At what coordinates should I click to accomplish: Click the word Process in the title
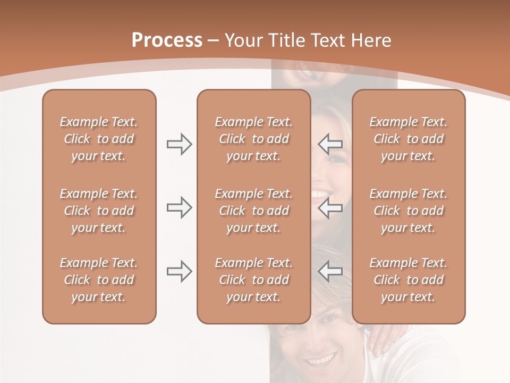tap(167, 40)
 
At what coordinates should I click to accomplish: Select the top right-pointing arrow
tap(179, 144)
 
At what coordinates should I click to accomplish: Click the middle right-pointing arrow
tap(179, 207)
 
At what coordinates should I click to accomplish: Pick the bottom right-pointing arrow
tap(179, 271)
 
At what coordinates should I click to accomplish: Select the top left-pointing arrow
tap(330, 144)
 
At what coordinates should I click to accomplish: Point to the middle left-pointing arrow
tap(330, 207)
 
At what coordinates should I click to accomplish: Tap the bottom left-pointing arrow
tap(330, 271)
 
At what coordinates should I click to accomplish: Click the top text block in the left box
tap(99, 139)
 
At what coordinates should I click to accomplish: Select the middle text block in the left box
tap(99, 211)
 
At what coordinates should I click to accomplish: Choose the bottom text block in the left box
tap(99, 280)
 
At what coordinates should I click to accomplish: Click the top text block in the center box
tap(253, 139)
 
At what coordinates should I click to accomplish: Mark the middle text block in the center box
tap(253, 211)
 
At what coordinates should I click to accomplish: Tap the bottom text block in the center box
tap(253, 280)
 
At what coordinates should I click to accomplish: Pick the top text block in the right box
tap(408, 139)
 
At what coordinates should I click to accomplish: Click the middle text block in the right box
tap(408, 211)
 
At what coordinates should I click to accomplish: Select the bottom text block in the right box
tap(408, 280)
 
